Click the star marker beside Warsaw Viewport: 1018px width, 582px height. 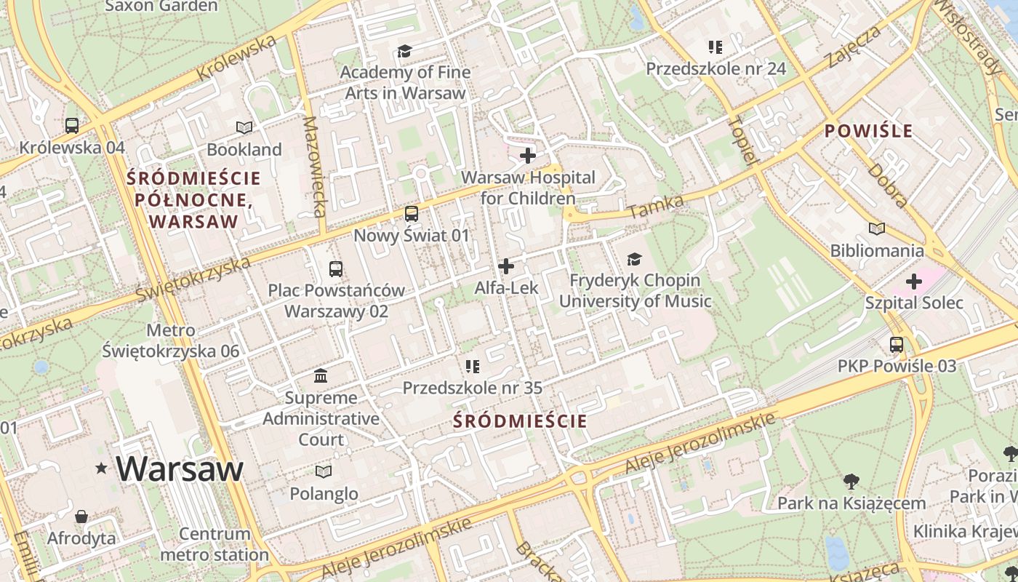[101, 469]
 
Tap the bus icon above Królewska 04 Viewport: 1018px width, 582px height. [72, 125]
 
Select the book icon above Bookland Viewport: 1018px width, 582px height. [244, 128]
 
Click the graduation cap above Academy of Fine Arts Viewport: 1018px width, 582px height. [404, 51]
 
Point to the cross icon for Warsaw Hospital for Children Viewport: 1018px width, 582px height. [528, 156]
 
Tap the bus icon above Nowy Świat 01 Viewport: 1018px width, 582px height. [412, 214]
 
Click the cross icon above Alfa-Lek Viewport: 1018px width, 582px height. [506, 266]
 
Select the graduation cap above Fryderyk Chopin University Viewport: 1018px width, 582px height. [635, 259]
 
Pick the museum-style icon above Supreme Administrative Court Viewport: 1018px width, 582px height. [321, 376]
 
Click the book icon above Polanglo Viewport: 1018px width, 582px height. [324, 471]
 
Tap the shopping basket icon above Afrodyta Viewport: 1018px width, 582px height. [81, 517]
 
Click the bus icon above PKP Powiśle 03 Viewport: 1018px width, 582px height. [897, 345]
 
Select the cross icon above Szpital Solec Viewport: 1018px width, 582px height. [914, 282]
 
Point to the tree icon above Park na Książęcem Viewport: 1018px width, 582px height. [851, 482]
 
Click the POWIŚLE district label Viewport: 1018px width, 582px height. [868, 131]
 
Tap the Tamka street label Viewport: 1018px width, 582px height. [656, 207]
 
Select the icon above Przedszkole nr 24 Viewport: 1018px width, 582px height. [716, 47]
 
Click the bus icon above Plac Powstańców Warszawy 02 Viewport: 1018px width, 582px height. [336, 269]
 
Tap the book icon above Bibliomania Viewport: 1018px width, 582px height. [877, 229]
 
